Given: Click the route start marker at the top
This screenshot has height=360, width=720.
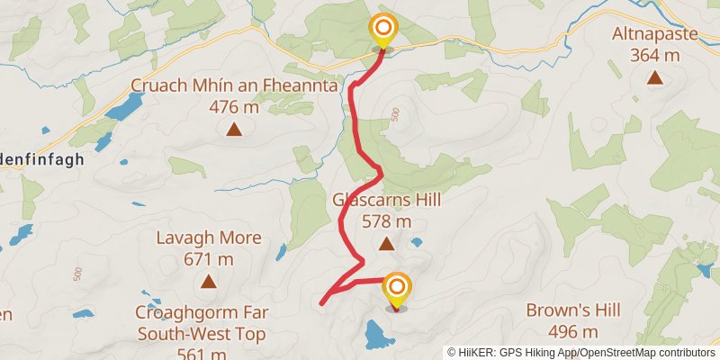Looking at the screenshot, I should [383, 29].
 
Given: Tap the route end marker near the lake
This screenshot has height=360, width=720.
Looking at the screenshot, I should [395, 289].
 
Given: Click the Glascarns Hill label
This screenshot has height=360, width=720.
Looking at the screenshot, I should [387, 200].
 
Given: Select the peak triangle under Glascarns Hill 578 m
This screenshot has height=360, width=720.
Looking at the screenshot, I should [386, 243].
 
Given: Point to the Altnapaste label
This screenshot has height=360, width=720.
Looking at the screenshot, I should [654, 35].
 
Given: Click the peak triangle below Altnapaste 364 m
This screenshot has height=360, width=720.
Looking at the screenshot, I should [654, 78].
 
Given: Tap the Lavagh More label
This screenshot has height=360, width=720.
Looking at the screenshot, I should [208, 238].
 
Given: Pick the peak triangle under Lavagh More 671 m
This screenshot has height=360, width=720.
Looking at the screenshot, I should [208, 282].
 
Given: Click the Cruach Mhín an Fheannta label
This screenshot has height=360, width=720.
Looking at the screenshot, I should [234, 86].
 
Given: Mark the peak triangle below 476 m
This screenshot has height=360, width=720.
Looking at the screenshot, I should [234, 130].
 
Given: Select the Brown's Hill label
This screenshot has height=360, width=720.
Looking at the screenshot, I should [573, 310].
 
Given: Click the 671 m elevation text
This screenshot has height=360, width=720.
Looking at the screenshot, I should [208, 259].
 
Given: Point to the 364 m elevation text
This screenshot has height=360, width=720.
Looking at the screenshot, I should [654, 56].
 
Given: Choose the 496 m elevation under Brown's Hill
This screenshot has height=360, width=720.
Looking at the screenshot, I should [573, 331].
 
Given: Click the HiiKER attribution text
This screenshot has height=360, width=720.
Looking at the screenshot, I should [580, 353].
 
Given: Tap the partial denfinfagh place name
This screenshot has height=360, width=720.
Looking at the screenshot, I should [40, 158].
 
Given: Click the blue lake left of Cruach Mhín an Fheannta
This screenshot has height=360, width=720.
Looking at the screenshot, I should [123, 107].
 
